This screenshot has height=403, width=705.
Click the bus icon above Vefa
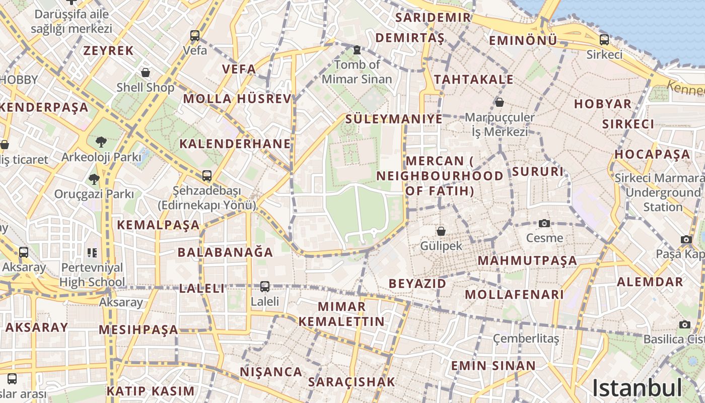coord(195,36)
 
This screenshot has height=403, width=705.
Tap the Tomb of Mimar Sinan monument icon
coord(357,49)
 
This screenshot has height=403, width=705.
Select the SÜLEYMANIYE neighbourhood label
coord(394,119)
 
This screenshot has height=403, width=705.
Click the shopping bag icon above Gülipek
coord(441,231)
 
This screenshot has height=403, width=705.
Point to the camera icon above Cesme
coord(544,223)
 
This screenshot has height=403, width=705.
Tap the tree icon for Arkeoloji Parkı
coord(101,142)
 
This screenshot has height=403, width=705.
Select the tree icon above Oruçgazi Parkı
coord(94,179)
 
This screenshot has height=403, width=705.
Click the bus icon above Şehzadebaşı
coord(207,176)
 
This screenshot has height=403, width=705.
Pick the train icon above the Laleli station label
coord(265,287)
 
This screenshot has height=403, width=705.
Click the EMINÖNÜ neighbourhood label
coord(523,40)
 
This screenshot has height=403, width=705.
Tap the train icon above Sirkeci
coord(604,39)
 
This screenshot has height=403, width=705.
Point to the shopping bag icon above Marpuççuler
coord(500,102)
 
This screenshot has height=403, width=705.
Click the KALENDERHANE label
coord(235,144)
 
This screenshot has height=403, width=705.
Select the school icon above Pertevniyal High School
coord(92,252)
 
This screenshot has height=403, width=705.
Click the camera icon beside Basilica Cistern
coord(685,325)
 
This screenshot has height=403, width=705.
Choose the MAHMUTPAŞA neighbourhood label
coord(527,261)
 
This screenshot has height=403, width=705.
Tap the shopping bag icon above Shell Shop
coord(146,73)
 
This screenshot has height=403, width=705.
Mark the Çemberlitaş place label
coord(526,339)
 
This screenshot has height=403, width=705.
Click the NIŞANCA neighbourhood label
coord(271,372)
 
